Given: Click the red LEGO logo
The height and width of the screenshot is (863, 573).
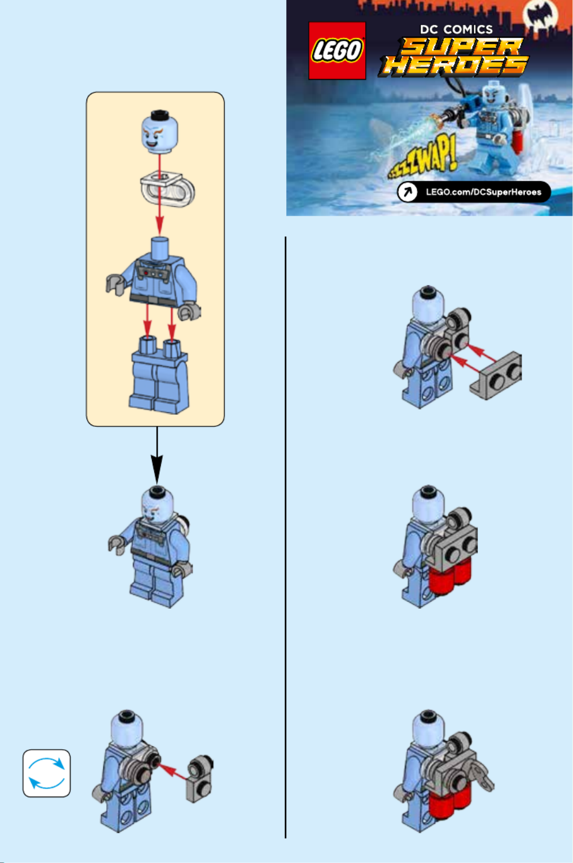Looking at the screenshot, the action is point(337,50).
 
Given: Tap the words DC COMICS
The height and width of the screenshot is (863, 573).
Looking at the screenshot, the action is point(456,29).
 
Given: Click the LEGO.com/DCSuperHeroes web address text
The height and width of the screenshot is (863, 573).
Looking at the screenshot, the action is point(484,192).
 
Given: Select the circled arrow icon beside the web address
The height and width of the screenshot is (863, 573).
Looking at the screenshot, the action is point(407,191).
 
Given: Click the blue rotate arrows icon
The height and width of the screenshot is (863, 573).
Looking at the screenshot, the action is point(47,773).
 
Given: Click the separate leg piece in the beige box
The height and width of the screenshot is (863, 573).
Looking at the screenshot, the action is point(160,374).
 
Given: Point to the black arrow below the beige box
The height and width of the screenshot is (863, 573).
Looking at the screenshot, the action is point(156,455).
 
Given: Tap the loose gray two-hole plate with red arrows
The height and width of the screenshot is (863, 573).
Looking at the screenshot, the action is point(496,375).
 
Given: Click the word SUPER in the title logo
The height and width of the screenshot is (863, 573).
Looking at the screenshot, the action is point(461,46).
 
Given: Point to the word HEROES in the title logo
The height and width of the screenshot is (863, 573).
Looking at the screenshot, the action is point(454,65).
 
